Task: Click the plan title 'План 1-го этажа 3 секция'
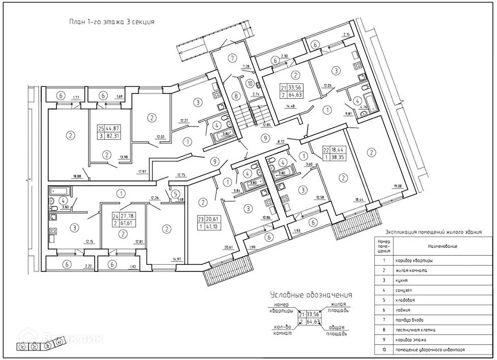[x=111, y=22]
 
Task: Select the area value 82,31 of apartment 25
[x=113, y=137]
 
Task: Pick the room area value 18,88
[x=77, y=176]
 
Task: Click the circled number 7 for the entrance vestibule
[x=233, y=57]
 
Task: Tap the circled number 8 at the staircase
[x=236, y=95]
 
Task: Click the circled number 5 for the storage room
[x=174, y=193]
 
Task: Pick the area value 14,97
[x=177, y=259]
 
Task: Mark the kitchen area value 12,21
[x=184, y=121]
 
